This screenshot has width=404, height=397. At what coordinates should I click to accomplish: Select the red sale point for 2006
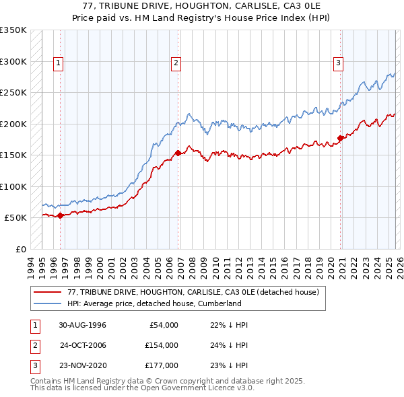tap(178, 153)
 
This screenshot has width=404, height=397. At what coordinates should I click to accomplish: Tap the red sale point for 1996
tap(61, 215)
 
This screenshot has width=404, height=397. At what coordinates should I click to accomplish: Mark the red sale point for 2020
tap(341, 139)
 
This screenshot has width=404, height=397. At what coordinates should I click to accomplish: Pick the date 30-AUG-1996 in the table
tap(82, 325)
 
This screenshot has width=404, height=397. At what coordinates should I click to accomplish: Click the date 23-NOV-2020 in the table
tap(82, 365)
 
